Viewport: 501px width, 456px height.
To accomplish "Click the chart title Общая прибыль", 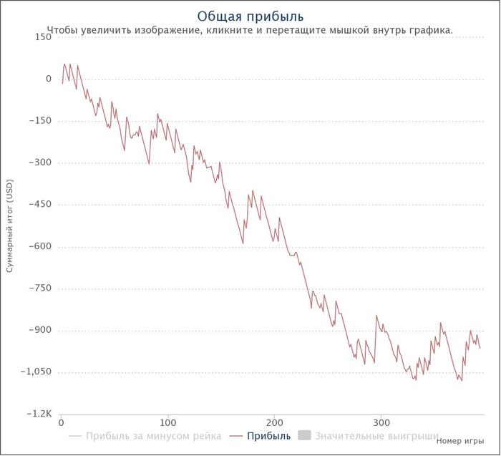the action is [250, 16].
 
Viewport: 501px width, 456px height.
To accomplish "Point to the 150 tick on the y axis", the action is [43, 37].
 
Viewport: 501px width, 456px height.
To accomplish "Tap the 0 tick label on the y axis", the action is [48, 79].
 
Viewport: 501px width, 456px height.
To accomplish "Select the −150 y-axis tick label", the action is [40, 120].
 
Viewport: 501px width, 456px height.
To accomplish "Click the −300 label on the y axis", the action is [40, 162].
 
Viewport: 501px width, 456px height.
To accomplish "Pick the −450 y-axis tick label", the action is [40, 204].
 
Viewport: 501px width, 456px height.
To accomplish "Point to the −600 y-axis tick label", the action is [40, 246].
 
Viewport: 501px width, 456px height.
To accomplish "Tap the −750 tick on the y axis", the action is [40, 288].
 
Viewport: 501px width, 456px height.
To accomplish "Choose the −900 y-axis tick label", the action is [40, 330].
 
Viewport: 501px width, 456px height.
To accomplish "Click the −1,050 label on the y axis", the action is [36, 372].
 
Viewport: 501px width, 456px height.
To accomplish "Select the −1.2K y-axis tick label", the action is [39, 414].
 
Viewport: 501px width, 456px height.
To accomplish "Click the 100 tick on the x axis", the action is [167, 423].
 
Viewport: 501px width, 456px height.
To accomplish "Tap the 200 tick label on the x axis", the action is [274, 423].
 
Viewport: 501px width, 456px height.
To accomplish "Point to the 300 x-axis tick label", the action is [381, 423].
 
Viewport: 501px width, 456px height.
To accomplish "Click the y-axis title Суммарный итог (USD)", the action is [10, 225].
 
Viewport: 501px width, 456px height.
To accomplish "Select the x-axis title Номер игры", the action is [460, 441].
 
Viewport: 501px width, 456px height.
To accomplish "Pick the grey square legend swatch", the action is [304, 435].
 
